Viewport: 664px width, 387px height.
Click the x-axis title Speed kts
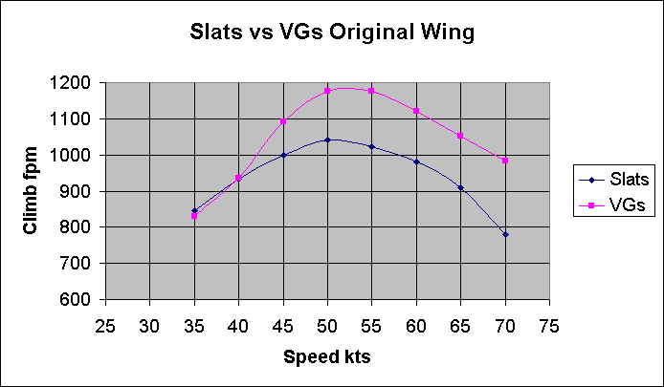[326, 357]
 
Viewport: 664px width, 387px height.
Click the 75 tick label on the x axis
[549, 325]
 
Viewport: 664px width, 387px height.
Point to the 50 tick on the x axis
[327, 325]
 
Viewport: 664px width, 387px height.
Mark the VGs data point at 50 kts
[327, 91]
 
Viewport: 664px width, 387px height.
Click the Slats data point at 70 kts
[505, 234]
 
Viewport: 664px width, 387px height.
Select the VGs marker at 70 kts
[505, 161]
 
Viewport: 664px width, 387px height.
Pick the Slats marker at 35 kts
[194, 211]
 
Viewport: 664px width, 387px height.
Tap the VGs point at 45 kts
[283, 121]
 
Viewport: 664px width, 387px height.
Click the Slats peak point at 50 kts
[327, 140]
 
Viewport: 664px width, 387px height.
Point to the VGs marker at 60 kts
[416, 111]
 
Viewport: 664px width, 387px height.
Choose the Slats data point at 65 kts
[460, 187]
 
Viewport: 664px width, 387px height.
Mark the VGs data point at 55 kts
[371, 91]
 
